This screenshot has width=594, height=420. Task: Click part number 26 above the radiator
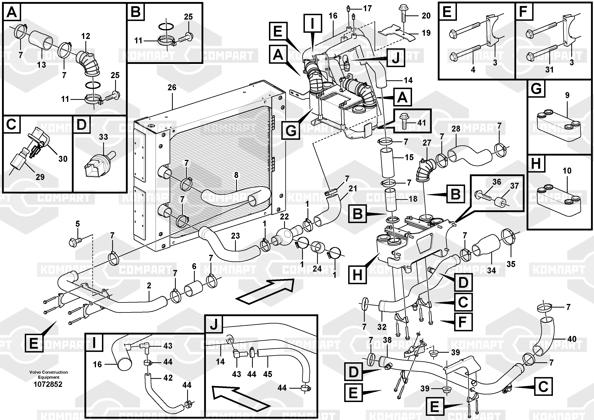click(172, 87)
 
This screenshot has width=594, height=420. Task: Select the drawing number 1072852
click(48, 384)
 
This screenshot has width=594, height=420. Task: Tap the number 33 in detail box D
click(104, 137)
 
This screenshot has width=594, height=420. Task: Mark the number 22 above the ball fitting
click(284, 216)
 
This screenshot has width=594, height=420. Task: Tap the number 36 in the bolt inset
click(497, 182)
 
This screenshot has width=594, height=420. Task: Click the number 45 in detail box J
click(268, 374)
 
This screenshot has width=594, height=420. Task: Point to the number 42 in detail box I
click(168, 378)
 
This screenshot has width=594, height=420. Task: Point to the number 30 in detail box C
click(63, 159)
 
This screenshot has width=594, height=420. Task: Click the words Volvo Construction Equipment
click(49, 374)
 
